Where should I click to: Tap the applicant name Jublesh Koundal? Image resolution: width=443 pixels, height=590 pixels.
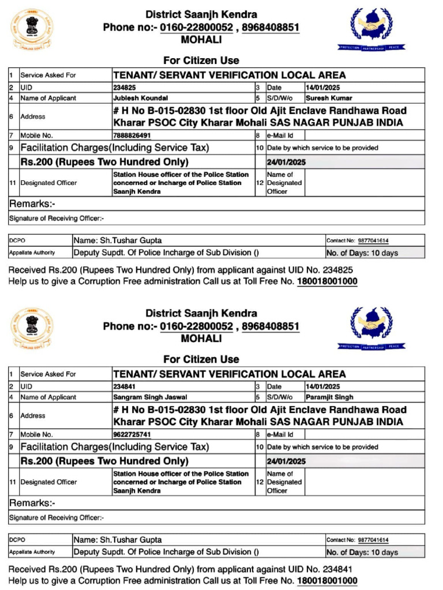pos(141,98)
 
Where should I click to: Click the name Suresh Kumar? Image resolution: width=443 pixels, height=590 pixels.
pos(329,98)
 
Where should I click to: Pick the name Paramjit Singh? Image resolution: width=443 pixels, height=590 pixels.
pos(329,397)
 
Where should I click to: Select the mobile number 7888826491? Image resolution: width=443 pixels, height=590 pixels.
pos(132,135)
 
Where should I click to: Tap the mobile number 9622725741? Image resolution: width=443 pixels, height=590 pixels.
pos(132,434)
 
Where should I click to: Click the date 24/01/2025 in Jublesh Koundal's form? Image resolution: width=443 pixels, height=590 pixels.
pos(286,162)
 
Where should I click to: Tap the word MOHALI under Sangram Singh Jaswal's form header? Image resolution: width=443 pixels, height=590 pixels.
pos(201,339)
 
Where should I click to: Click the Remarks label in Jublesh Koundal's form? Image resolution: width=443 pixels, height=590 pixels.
pos(32,204)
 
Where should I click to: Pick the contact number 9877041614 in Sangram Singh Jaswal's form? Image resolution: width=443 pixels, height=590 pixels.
pos(373,540)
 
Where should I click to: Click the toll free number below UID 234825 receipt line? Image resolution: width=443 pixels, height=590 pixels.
pos(327,282)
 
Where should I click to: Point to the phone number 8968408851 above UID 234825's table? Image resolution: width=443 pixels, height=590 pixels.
pos(271,28)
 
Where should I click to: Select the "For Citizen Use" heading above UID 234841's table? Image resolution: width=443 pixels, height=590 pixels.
pos(201,359)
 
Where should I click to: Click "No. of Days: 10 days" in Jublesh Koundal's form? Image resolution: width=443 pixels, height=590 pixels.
pos(362,253)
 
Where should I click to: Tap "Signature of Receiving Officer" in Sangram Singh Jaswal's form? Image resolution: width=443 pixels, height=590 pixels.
pos(57,517)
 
